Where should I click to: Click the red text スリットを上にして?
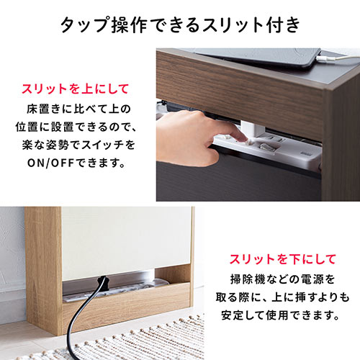tap(76, 89)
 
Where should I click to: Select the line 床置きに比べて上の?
tap(79, 109)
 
